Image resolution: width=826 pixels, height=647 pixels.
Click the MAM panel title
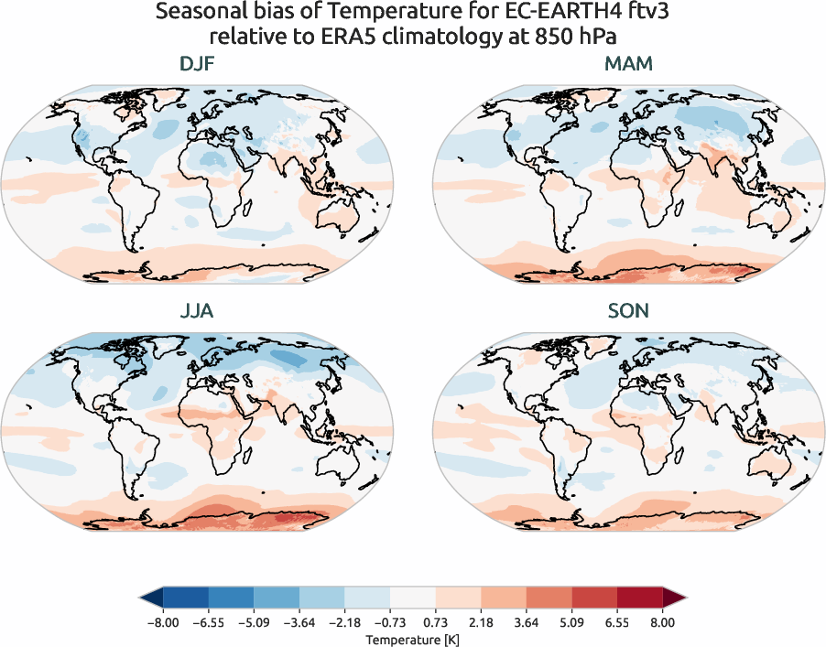point(628,66)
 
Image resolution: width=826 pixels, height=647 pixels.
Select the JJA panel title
point(197,311)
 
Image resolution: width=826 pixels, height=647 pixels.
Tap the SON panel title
point(628,311)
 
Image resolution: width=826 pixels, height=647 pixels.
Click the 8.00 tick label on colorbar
point(662,621)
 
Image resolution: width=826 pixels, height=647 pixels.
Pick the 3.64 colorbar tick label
point(526,621)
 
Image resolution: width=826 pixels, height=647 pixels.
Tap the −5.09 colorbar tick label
point(251,621)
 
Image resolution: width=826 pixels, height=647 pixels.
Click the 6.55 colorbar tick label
point(616,621)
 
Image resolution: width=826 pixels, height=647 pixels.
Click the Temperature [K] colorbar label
point(412,638)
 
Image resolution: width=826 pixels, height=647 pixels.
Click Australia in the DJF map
point(329,213)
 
